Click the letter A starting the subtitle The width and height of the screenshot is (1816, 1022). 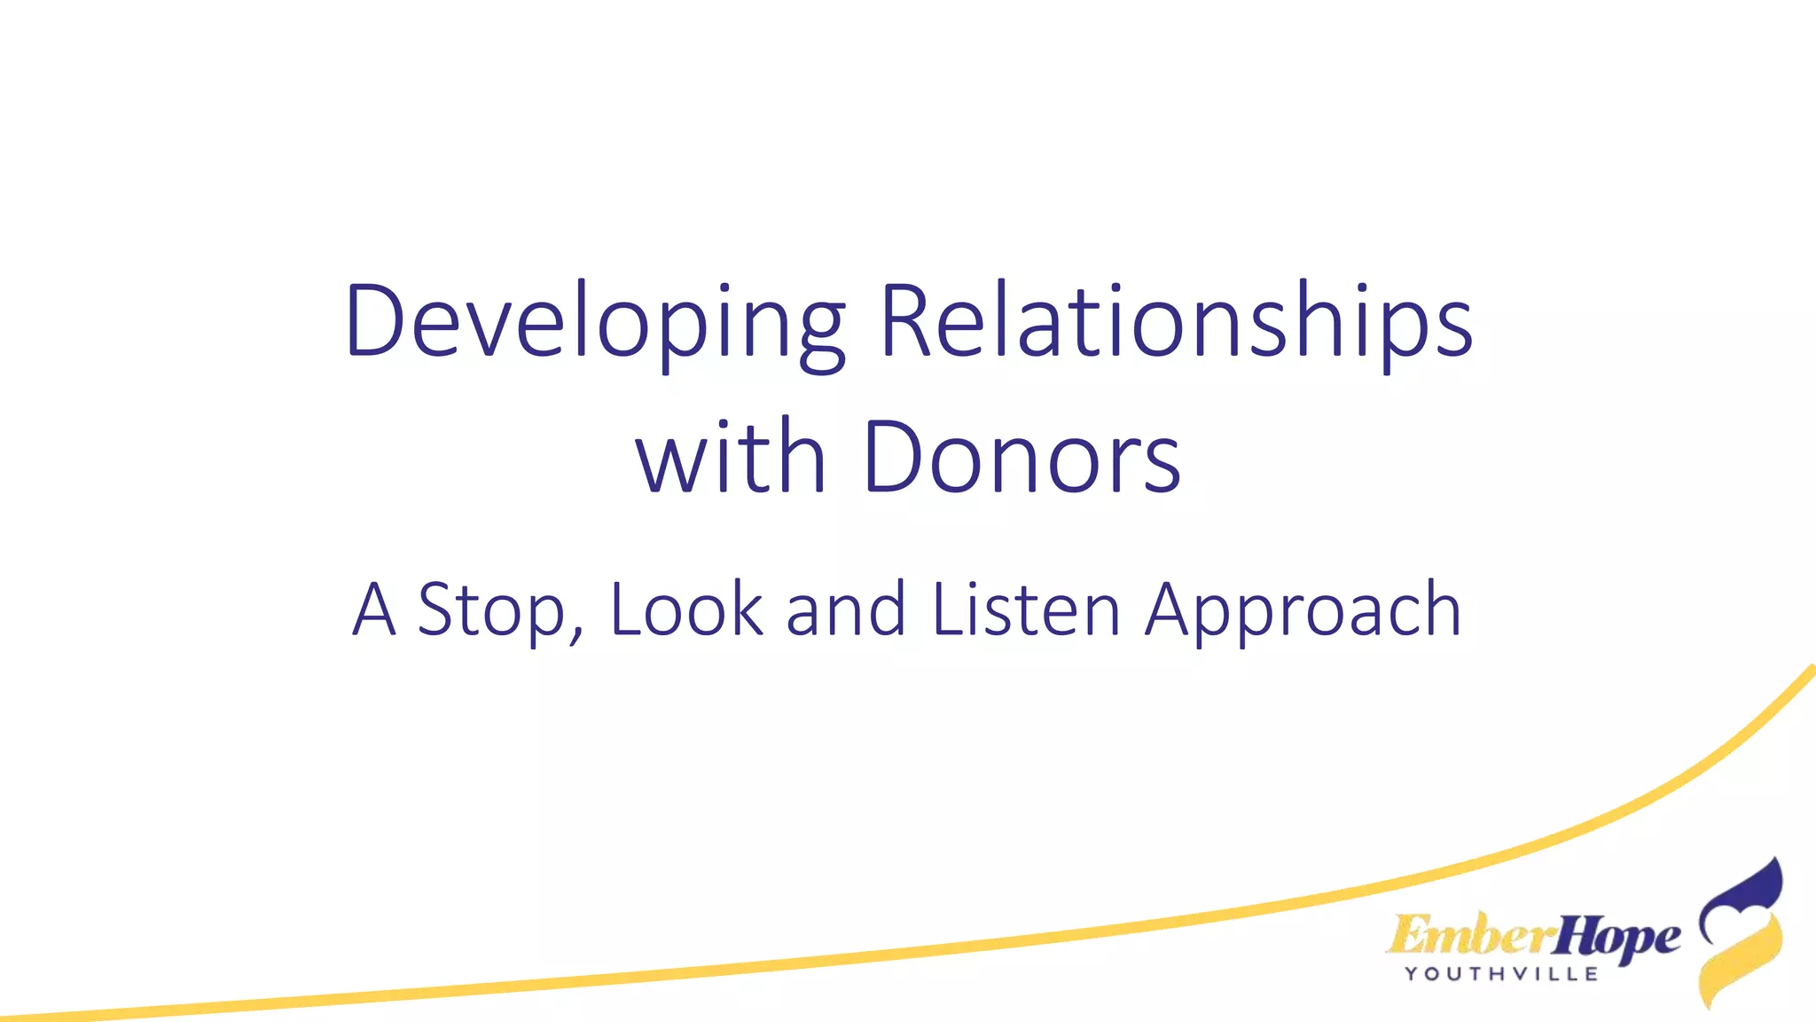click(x=373, y=610)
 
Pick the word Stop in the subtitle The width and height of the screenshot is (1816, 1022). click(x=490, y=610)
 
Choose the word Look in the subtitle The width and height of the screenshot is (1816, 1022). click(x=686, y=610)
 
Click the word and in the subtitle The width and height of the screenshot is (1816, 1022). click(x=846, y=610)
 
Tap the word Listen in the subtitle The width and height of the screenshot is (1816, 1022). click(x=1027, y=610)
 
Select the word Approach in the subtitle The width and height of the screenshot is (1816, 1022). click(x=1303, y=610)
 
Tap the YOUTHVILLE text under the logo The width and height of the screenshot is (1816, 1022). click(x=1502, y=974)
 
